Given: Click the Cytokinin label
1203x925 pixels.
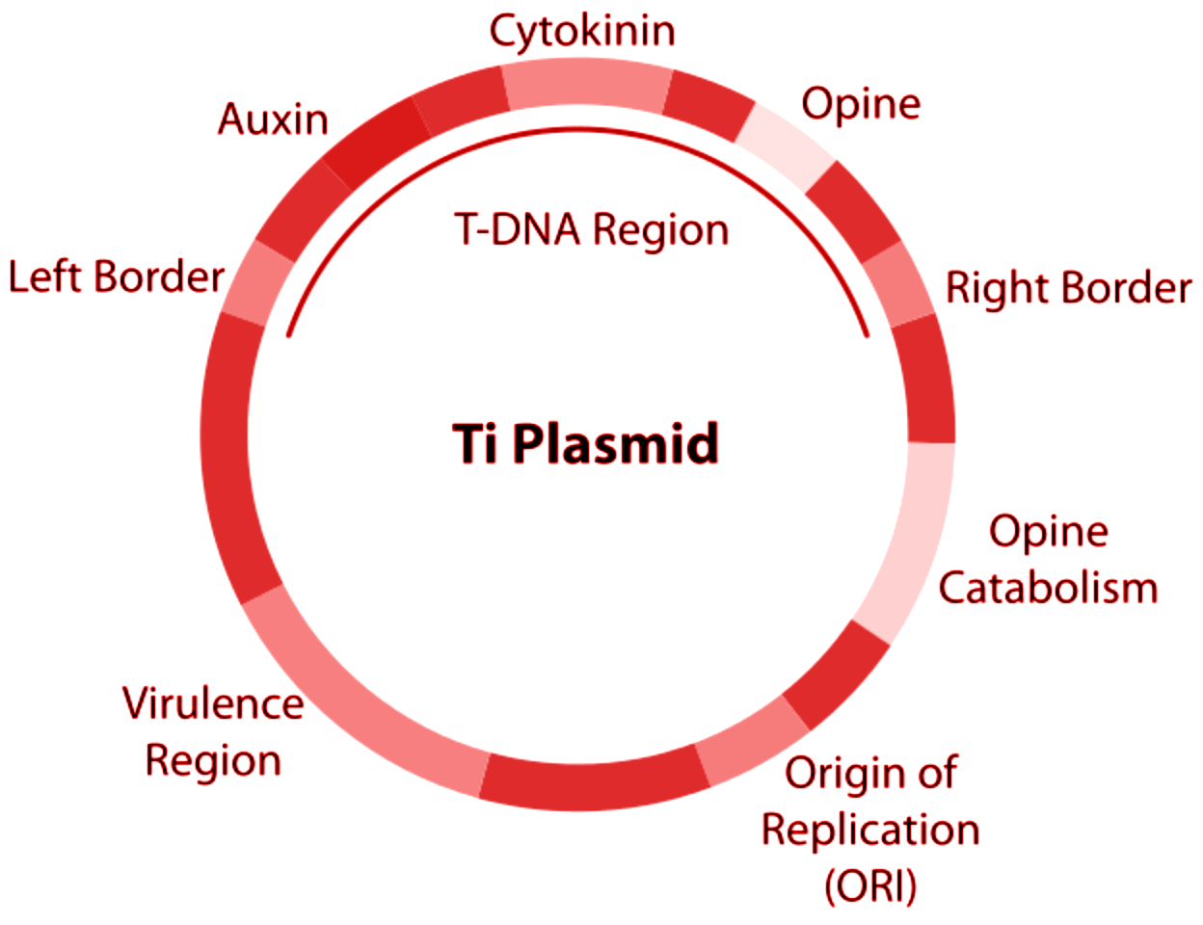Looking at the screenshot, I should point(582,31).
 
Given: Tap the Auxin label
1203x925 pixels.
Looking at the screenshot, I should point(273,119).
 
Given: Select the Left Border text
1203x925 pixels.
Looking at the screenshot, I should point(116,277).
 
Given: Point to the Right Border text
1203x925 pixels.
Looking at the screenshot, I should point(1068,287).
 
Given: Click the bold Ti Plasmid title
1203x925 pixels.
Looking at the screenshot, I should point(586,444).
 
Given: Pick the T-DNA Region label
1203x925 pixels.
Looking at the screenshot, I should point(591,229).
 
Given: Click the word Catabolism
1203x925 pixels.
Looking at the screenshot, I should point(1048,587).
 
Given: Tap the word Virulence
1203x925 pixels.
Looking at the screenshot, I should point(212,703).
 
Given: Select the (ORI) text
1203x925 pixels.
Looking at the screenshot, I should point(870,885).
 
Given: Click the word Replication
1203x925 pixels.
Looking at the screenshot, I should point(870,829).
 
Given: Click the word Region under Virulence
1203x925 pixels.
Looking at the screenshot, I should point(212,760).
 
